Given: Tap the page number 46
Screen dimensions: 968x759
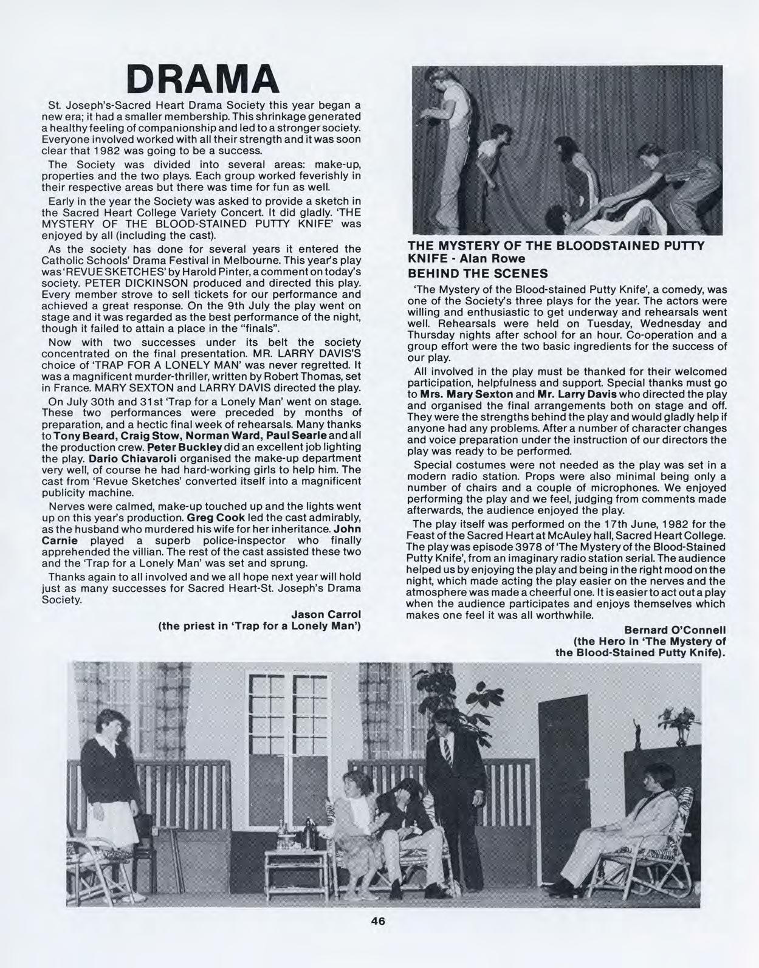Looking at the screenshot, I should coord(378,921).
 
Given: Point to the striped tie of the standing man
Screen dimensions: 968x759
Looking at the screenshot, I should coord(447,748).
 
